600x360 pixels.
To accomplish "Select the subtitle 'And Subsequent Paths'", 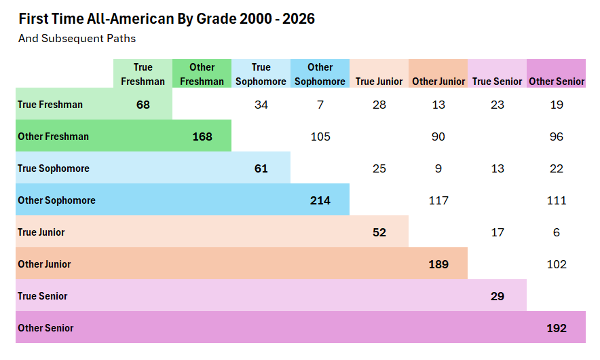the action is pyautogui.click(x=77, y=39).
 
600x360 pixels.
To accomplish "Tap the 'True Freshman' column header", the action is pyautogui.click(x=143, y=74).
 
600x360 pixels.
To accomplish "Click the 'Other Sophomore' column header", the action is pyautogui.click(x=320, y=74).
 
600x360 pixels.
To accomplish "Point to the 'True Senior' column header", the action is pyautogui.click(x=497, y=82).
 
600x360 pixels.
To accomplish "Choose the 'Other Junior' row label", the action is pyautogui.click(x=44, y=264).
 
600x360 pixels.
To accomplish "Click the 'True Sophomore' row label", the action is pyautogui.click(x=54, y=168).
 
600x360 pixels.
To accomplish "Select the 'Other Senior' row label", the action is pyautogui.click(x=45, y=328).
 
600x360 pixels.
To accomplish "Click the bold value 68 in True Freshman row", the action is pyautogui.click(x=143, y=105).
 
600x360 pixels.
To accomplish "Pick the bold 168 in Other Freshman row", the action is pyautogui.click(x=202, y=137).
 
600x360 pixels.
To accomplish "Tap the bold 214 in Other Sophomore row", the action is pyautogui.click(x=320, y=200).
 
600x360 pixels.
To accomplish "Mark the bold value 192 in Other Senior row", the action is pyautogui.click(x=557, y=328).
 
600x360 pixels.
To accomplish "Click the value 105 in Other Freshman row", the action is pyautogui.click(x=320, y=137).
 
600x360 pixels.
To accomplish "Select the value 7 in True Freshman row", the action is pyautogui.click(x=320, y=105).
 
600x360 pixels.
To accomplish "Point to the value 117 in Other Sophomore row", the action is pyautogui.click(x=438, y=200).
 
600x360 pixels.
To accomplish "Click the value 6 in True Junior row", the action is pyautogui.click(x=557, y=232).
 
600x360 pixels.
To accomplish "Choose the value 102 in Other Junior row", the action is pyautogui.click(x=557, y=264).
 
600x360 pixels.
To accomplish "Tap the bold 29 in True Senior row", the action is pyautogui.click(x=498, y=296).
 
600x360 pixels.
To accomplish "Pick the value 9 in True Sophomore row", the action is pyautogui.click(x=438, y=168).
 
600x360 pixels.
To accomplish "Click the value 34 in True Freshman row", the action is pyautogui.click(x=261, y=105).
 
